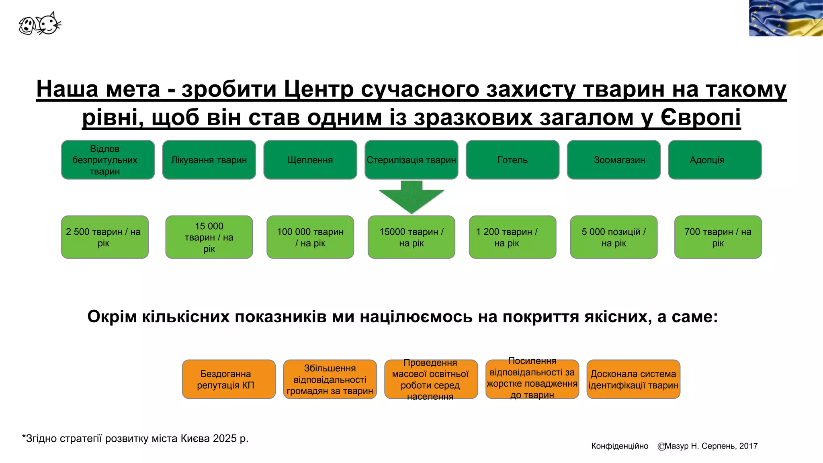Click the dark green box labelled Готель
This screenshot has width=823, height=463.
[512, 160]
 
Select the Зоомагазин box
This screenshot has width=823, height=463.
[614, 160]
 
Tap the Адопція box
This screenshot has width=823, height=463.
[714, 160]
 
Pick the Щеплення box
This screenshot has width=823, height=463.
[310, 160]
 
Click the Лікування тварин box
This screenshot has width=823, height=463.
[209, 160]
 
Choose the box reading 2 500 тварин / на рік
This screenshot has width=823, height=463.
[105, 237]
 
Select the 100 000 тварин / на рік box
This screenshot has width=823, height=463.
[310, 237]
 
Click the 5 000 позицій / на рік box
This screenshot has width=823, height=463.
[614, 237]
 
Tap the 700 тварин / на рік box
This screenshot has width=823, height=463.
[718, 237]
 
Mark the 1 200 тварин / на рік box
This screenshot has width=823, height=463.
[512, 237]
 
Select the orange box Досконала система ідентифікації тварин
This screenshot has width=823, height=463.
[633, 379]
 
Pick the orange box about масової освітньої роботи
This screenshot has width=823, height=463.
[431, 379]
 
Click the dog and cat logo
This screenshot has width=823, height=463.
[40, 24]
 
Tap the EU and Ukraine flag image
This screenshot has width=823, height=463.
[786, 18]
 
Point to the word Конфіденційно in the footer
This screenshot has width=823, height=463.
[620, 446]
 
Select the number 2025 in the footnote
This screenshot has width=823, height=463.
[225, 438]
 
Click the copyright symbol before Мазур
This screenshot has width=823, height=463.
[661, 447]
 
